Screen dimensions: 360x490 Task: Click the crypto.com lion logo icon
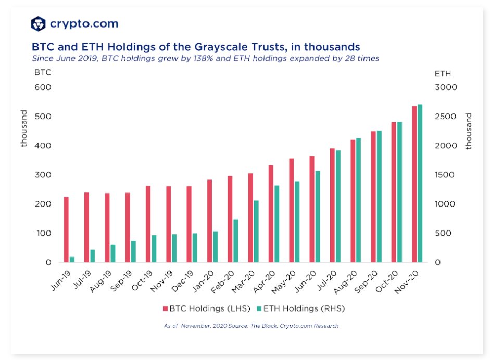click(x=39, y=23)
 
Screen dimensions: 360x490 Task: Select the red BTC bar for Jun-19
click(x=66, y=229)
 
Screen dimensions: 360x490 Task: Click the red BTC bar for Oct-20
click(x=394, y=192)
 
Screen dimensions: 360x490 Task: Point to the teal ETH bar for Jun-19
click(x=72, y=259)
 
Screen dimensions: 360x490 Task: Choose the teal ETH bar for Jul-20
click(x=338, y=206)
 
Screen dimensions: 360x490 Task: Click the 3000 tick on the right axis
click(x=446, y=87)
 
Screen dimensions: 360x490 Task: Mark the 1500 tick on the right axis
click(x=446, y=175)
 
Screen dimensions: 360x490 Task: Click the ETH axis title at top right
click(x=443, y=74)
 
